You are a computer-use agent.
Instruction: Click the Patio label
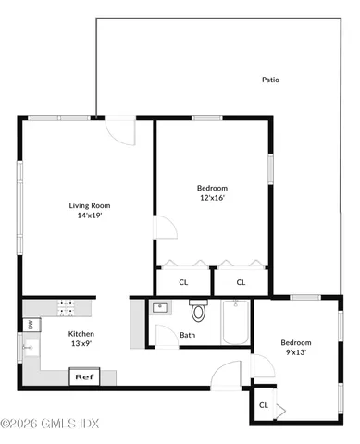[x=270, y=80]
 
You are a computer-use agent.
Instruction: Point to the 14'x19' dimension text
[x=89, y=216]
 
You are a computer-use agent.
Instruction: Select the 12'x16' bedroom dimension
[x=212, y=196]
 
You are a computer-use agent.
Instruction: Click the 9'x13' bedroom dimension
[x=296, y=352]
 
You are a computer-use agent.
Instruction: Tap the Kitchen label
[x=82, y=333]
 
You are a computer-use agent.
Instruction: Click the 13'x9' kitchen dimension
[x=82, y=343]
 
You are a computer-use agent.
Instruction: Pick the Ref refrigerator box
[x=83, y=376]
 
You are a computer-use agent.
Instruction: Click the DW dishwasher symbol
[x=30, y=325]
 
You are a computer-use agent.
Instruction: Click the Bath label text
[x=188, y=335]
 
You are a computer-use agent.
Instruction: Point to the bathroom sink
[x=159, y=308]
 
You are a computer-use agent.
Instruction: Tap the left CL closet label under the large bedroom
[x=183, y=282]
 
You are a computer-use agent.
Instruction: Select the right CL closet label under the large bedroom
[x=241, y=282]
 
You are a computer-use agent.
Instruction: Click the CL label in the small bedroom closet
[x=264, y=404]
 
